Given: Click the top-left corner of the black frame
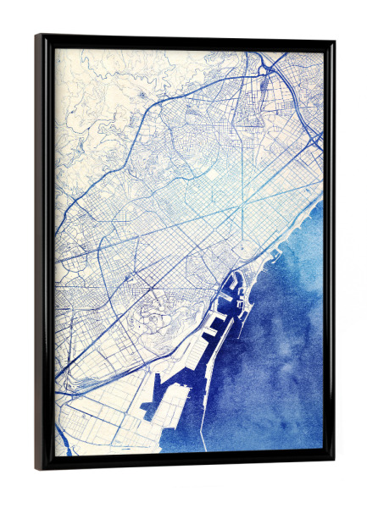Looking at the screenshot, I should point(36,36).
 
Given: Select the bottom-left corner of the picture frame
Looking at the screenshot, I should point(36,469).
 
